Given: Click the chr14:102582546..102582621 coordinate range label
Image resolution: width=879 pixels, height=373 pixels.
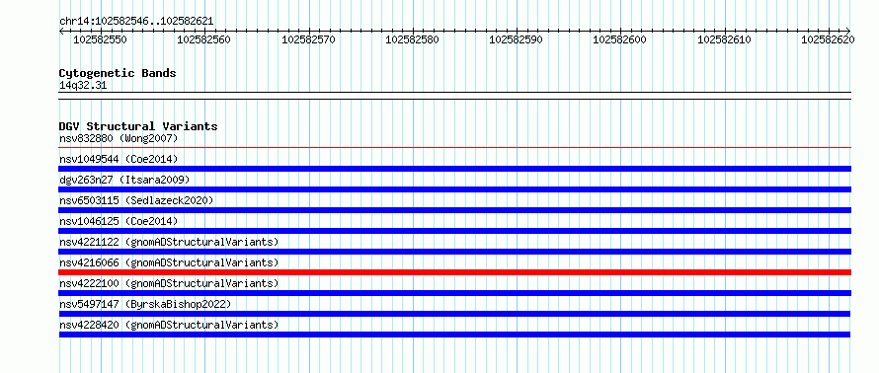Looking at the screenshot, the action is coord(136,22).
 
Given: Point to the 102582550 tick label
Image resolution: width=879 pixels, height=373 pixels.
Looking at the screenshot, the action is coord(101,39).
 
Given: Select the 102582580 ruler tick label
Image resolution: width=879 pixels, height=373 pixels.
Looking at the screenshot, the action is coord(412,39).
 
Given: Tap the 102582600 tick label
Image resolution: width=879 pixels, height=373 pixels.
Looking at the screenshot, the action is coord(619,39).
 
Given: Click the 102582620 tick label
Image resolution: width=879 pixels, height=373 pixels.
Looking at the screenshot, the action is coord(828,39).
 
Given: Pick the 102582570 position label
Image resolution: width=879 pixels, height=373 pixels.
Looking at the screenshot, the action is coord(308,39).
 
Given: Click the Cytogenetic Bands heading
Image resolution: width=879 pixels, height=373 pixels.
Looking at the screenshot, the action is coord(118,73).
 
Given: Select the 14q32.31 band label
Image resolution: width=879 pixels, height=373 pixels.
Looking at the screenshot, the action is coord(83,86).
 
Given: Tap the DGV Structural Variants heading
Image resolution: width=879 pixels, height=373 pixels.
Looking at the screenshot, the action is coord(138,126).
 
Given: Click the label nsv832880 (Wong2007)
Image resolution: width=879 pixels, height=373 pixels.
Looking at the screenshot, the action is coord(119,138).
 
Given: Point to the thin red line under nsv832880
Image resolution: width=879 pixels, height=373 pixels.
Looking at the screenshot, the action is coord(455,148).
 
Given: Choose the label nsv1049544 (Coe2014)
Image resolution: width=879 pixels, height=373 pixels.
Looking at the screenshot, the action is coord(119,159).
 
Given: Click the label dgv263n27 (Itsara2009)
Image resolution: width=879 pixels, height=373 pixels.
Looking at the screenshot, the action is coord(124,180).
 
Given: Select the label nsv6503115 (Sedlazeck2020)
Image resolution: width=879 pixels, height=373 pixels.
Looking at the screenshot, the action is coord(136,200).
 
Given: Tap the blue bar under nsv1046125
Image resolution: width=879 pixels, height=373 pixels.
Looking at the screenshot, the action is coord(455,231).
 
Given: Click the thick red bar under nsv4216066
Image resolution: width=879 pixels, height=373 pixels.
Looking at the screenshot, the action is coord(455,272).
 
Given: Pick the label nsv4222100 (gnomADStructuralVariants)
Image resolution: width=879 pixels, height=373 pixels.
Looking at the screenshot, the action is coord(169,283).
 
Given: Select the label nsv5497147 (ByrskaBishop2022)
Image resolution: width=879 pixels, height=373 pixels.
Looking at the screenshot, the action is coord(145,304).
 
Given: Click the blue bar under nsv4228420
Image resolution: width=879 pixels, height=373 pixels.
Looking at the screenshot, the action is coord(455,335).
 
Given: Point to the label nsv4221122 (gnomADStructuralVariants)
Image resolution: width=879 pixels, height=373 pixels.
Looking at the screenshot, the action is coord(169,242).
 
